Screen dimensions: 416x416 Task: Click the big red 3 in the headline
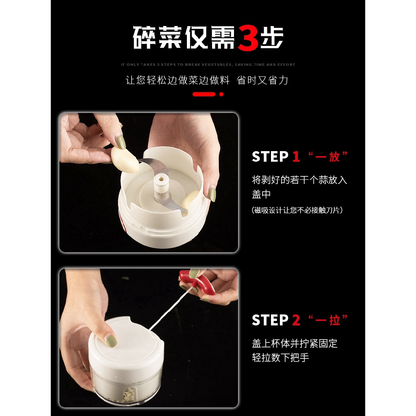click(x=248, y=38)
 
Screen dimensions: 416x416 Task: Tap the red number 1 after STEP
click(x=296, y=156)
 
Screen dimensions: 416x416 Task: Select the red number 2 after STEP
click(x=296, y=320)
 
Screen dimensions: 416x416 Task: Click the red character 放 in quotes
click(x=334, y=157)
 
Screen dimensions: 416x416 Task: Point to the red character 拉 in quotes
click(x=335, y=320)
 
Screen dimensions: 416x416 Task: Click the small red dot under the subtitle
click(x=221, y=94)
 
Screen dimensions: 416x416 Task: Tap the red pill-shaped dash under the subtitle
click(x=204, y=94)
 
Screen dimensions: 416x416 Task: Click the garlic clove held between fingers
click(x=125, y=160)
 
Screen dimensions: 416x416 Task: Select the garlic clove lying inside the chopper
click(x=190, y=201)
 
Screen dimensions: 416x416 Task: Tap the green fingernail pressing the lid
click(x=111, y=341)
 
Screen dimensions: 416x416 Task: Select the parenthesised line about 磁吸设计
click(x=297, y=210)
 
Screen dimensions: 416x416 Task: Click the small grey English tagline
click(x=208, y=65)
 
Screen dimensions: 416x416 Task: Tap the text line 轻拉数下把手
click(x=280, y=357)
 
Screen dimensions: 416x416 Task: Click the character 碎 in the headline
click(x=144, y=37)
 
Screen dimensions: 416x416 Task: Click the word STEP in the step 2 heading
click(x=270, y=320)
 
